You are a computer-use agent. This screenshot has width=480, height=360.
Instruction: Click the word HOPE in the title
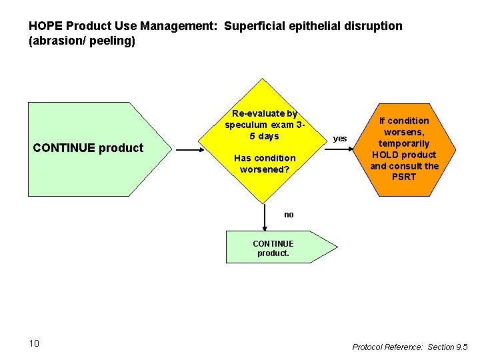(43, 27)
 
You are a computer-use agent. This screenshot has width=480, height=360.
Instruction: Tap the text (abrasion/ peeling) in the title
(82, 41)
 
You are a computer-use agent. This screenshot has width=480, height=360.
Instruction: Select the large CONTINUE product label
(88, 148)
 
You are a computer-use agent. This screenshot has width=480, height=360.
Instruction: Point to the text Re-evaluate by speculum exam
(264, 125)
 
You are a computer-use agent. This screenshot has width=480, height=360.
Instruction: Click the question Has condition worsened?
(264, 163)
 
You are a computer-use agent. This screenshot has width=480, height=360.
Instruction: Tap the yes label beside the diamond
(340, 139)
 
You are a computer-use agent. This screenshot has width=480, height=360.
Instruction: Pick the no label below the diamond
(289, 215)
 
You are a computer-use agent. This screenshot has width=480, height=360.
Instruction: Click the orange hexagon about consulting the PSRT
(404, 149)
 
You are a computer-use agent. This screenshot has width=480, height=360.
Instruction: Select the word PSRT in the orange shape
(404, 177)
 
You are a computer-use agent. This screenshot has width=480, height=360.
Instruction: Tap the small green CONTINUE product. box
(275, 248)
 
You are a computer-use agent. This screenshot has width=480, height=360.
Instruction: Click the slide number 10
(34, 343)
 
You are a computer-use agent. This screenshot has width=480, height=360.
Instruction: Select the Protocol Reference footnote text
(410, 347)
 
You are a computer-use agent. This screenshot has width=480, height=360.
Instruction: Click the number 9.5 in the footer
(461, 347)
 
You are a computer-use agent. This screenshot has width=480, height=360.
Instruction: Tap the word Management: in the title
(181, 27)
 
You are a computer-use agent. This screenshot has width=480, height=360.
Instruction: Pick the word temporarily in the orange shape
(404, 143)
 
